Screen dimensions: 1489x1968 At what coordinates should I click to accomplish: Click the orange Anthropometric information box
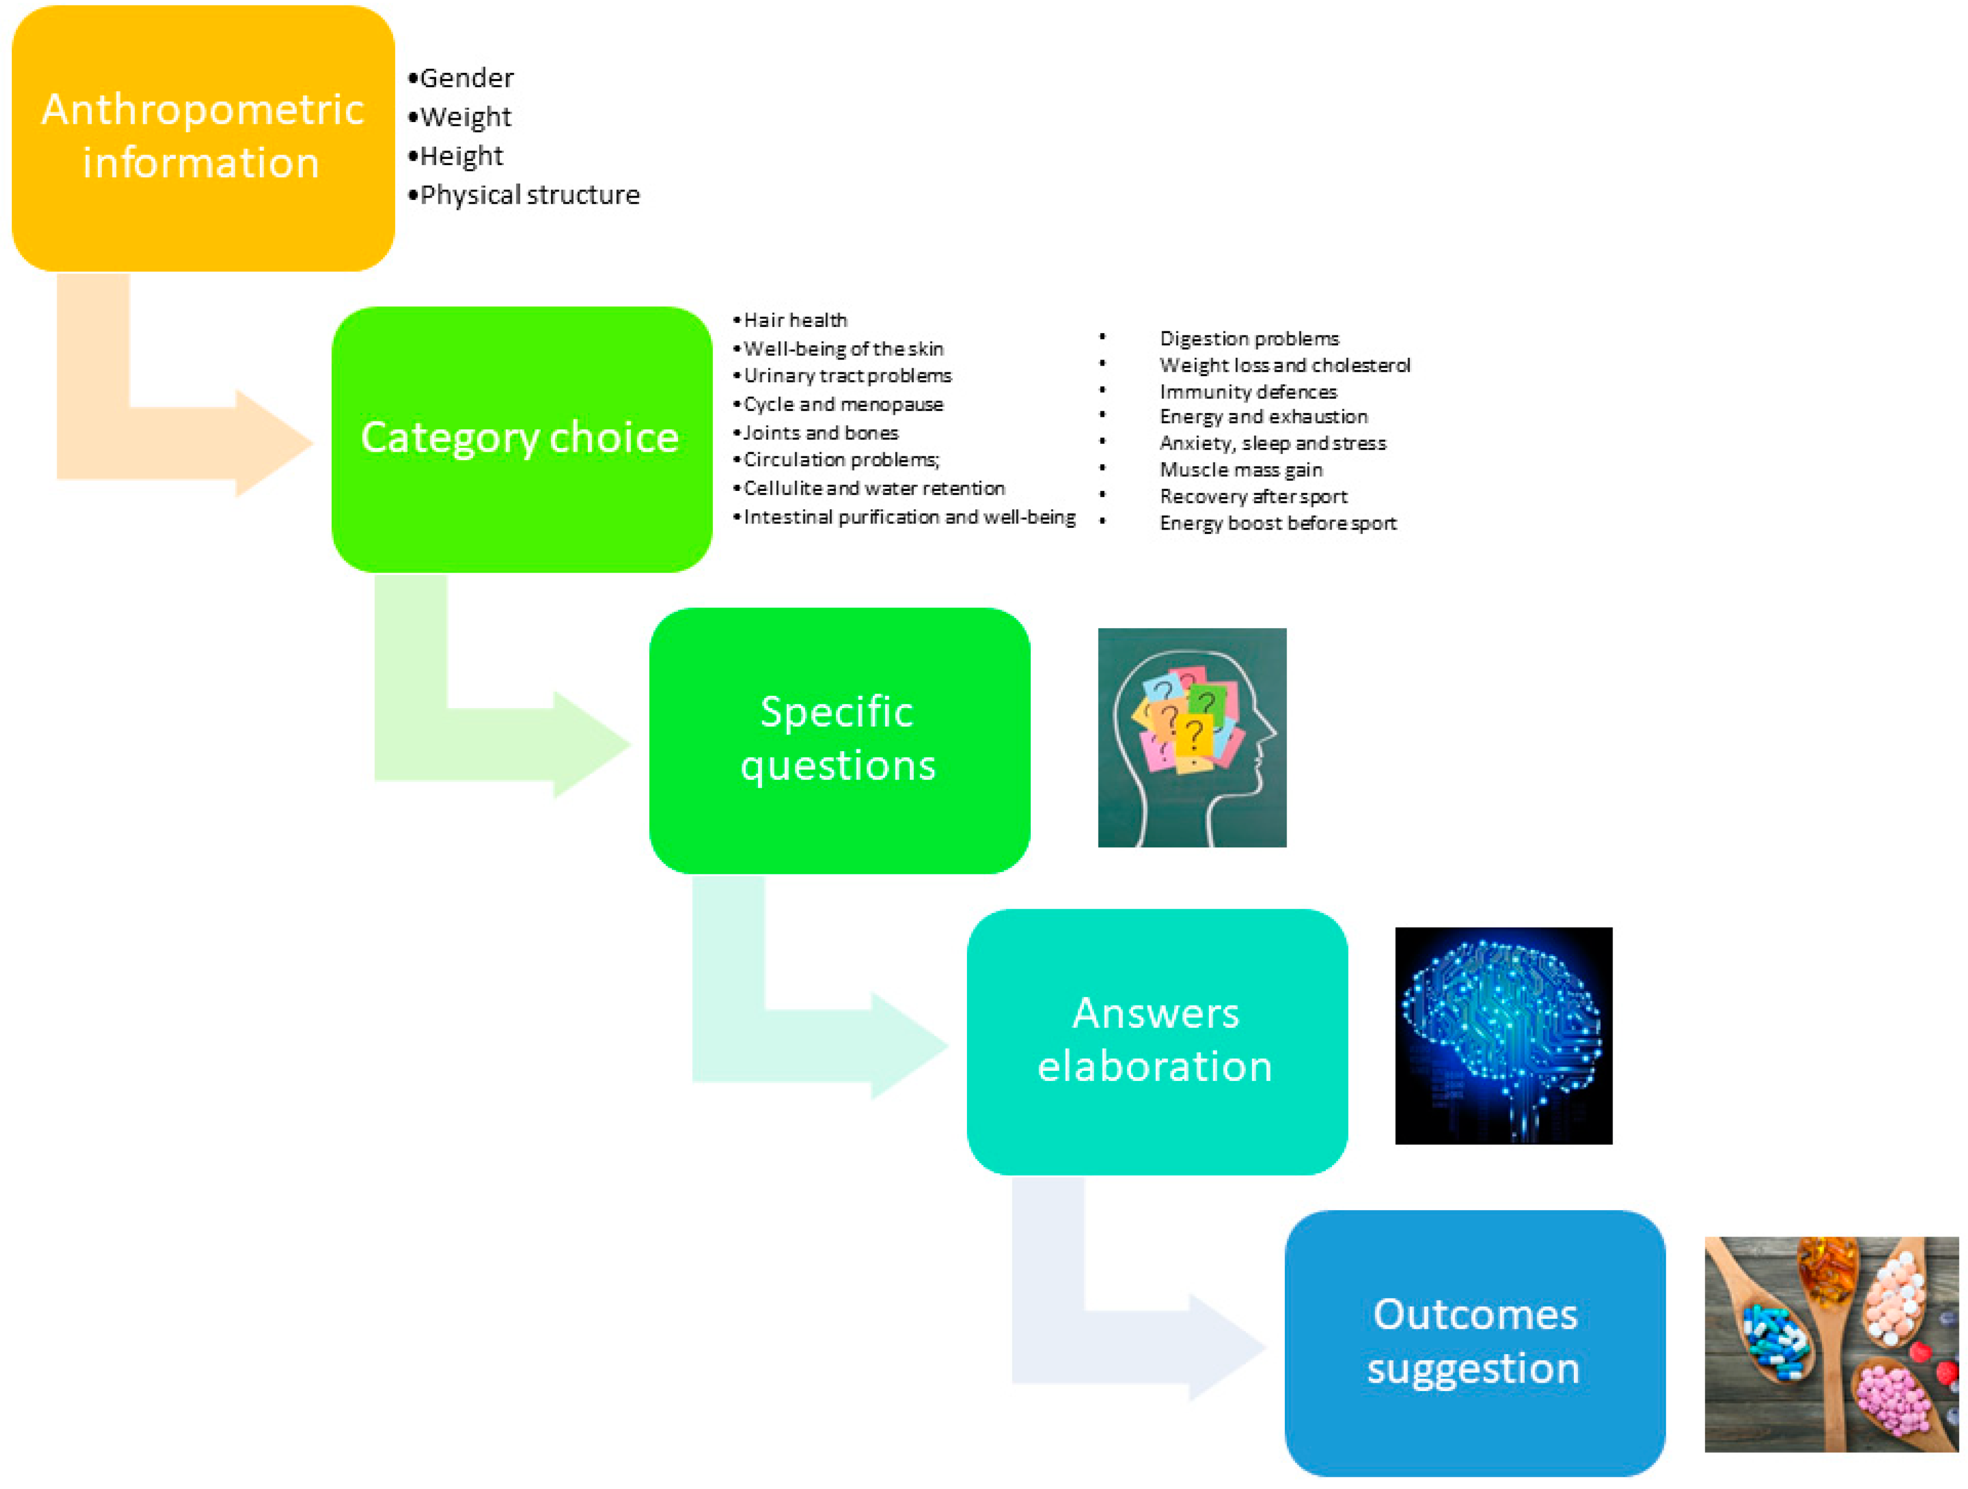coord(203,138)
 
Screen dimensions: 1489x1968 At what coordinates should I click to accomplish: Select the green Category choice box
coord(521,438)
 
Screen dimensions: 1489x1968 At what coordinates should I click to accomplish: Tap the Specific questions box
coord(839,740)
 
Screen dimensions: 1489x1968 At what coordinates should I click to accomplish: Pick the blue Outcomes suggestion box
coord(1474,1341)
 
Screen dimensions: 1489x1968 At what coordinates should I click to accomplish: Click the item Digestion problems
coord(1248,339)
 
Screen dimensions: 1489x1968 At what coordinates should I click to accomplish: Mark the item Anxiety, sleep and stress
coord(1272,443)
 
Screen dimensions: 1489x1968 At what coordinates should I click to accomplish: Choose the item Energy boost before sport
coord(1278,523)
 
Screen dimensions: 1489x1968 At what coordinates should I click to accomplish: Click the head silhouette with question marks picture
coord(1191,737)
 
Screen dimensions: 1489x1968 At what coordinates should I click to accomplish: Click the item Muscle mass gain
coord(1240,470)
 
